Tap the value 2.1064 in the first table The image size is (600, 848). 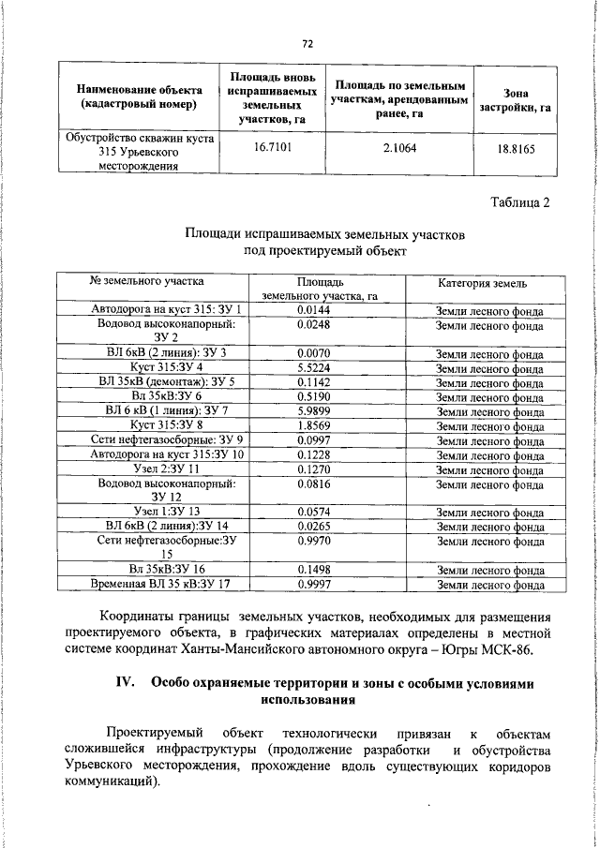point(399,148)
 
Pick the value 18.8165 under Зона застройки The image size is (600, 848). point(516,148)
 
